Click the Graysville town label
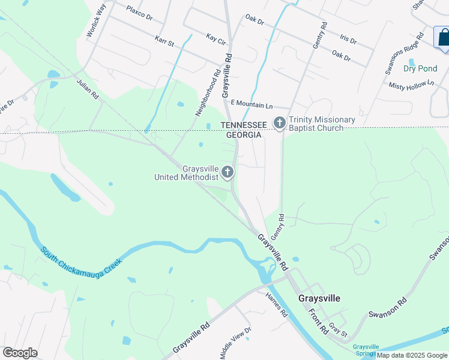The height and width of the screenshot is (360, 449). tap(319, 298)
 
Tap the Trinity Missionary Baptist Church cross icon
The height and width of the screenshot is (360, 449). tap(279, 123)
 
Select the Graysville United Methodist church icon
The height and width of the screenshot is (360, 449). tap(227, 173)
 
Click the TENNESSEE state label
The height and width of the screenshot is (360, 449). tap(244, 125)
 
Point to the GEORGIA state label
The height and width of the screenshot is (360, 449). tap(244, 135)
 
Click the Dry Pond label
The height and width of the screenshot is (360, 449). tap(420, 68)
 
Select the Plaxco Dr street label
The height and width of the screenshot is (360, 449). tap(139, 11)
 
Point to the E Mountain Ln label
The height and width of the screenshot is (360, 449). tap(252, 104)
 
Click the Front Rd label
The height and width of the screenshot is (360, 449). tap(317, 322)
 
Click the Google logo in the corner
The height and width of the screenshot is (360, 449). tap(20, 353)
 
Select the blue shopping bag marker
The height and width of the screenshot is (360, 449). tap(443, 38)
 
